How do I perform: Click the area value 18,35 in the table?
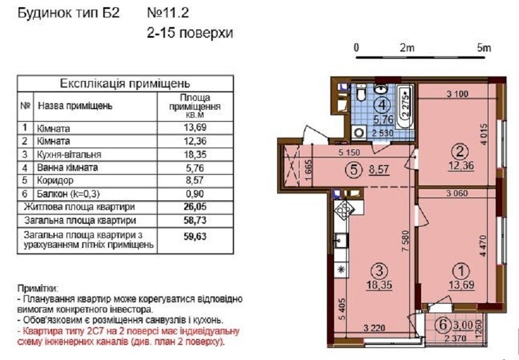(195, 154)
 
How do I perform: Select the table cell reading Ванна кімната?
(67, 167)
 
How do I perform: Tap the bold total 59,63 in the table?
(195, 236)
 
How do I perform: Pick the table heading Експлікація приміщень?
(125, 83)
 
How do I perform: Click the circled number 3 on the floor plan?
(379, 271)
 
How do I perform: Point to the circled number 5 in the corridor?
(353, 170)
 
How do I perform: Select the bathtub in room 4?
(405, 106)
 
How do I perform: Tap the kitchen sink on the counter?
(341, 240)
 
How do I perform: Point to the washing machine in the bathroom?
(358, 133)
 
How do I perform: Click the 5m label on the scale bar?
(484, 49)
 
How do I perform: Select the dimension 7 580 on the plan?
(406, 242)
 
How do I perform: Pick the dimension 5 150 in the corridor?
(349, 153)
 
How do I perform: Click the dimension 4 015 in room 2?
(484, 134)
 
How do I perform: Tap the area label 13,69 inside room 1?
(462, 284)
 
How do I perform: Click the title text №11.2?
(168, 13)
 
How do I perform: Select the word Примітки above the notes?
(37, 288)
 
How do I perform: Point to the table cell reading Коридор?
(55, 181)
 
